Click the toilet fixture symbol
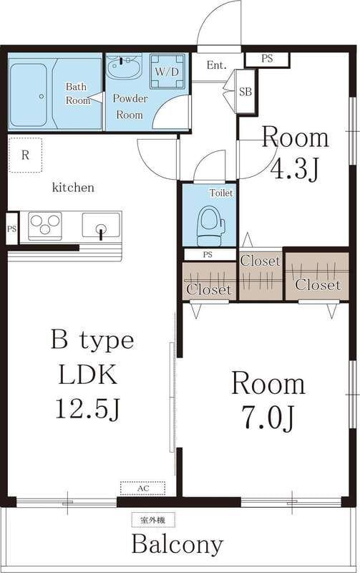pyautogui.click(x=210, y=226)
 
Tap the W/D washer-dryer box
pyautogui.click(x=167, y=72)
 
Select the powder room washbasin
pyautogui.click(x=125, y=67)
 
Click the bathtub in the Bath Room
pyautogui.click(x=28, y=95)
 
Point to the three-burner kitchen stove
pyautogui.click(x=45, y=226)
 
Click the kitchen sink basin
pyautogui.click(x=101, y=225)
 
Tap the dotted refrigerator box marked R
pyautogui.click(x=25, y=155)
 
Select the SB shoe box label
pyautogui.click(x=245, y=92)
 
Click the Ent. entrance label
pyautogui.click(x=217, y=65)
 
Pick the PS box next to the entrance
pyautogui.click(x=267, y=59)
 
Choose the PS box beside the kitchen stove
pyautogui.click(x=11, y=228)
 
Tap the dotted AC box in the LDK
pyautogui.click(x=142, y=488)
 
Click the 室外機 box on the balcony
pyautogui.click(x=153, y=520)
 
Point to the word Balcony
pyautogui.click(x=177, y=544)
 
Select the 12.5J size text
pyautogui.click(x=87, y=408)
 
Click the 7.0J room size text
pyautogui.click(x=267, y=418)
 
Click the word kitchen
pyautogui.click(x=73, y=188)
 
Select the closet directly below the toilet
pyautogui.click(x=210, y=281)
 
